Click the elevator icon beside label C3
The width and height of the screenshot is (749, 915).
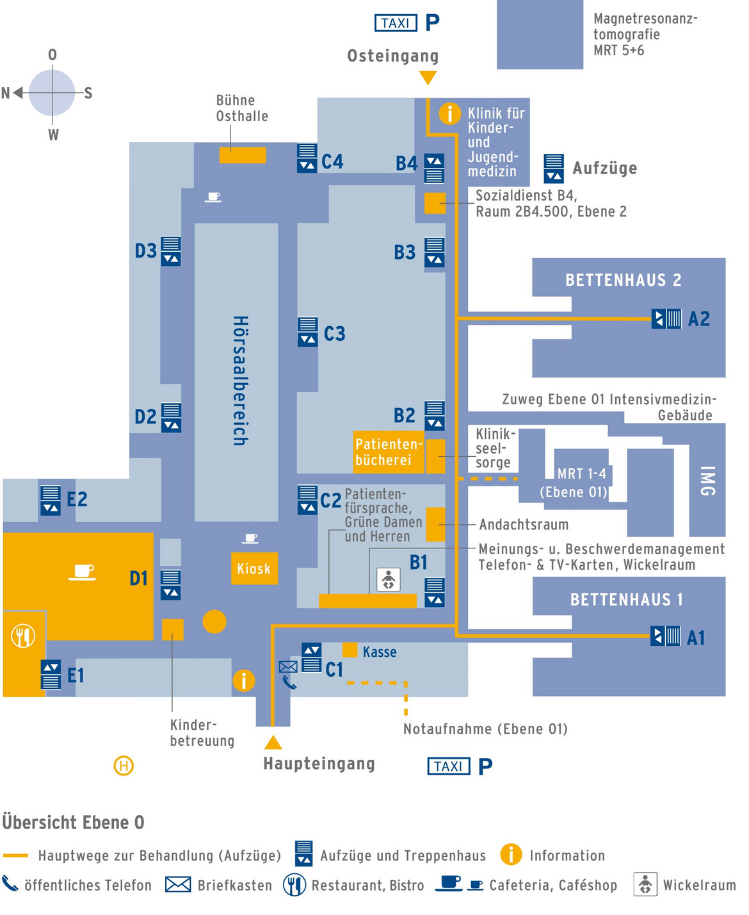[x=308, y=332]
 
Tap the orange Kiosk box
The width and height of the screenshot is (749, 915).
[x=254, y=568]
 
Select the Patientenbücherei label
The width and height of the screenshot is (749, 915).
[x=389, y=452]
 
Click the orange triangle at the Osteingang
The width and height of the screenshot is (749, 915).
[x=428, y=78]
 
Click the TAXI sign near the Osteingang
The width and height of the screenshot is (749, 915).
[x=396, y=23]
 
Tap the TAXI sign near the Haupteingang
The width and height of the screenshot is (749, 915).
[x=448, y=766]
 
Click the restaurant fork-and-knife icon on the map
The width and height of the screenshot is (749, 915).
[x=24, y=636]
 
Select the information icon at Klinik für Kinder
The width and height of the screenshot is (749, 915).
[x=450, y=113]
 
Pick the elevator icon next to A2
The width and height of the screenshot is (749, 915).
[x=666, y=318]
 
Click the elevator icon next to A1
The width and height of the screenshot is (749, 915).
[x=665, y=636]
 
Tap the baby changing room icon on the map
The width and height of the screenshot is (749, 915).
[x=388, y=580]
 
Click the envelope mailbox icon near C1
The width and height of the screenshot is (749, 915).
[x=288, y=666]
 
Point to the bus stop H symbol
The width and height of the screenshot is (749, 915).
[x=124, y=765]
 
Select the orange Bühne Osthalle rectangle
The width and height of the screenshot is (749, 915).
[x=243, y=155]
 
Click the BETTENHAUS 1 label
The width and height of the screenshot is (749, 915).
[x=626, y=600]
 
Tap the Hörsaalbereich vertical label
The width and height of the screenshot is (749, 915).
[x=240, y=380]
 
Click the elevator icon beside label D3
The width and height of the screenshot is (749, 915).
[x=171, y=251]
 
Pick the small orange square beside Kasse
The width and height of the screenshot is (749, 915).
[x=350, y=650]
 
